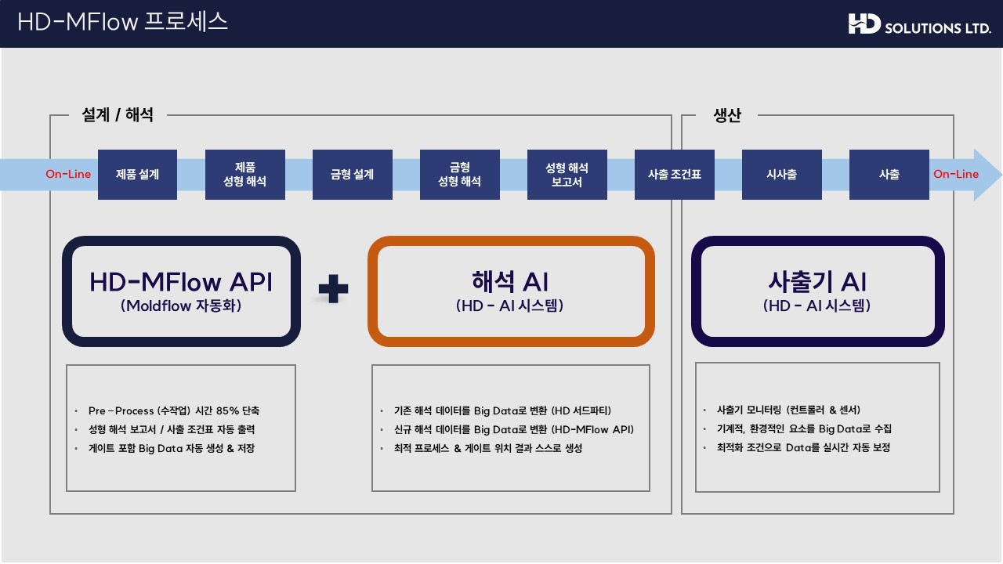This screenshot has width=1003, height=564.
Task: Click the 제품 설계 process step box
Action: [137, 175]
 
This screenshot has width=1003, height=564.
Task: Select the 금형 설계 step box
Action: [353, 175]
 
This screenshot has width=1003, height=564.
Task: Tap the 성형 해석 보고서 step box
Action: [567, 175]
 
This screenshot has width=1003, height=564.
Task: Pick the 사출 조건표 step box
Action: [675, 175]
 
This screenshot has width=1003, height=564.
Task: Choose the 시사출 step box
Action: [782, 175]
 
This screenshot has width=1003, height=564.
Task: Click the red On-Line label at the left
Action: [68, 174]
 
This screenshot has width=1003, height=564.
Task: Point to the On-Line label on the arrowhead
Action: [956, 174]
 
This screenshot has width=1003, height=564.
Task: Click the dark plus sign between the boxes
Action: [333, 289]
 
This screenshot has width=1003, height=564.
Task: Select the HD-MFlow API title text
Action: [181, 282]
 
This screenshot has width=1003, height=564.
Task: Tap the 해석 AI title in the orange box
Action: [510, 282]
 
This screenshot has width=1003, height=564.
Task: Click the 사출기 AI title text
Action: [817, 282]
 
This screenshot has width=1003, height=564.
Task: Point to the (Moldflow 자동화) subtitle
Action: [181, 305]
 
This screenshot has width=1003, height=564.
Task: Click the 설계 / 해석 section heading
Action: [118, 115]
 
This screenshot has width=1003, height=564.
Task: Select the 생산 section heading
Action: [727, 115]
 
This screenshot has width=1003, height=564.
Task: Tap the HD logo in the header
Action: [864, 23]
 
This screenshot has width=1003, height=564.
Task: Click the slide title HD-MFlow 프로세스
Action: [123, 21]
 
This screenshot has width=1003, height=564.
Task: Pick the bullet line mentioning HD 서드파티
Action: [502, 410]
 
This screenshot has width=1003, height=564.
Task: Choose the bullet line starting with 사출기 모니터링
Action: [788, 410]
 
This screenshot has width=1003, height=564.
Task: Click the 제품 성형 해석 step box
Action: [245, 175]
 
